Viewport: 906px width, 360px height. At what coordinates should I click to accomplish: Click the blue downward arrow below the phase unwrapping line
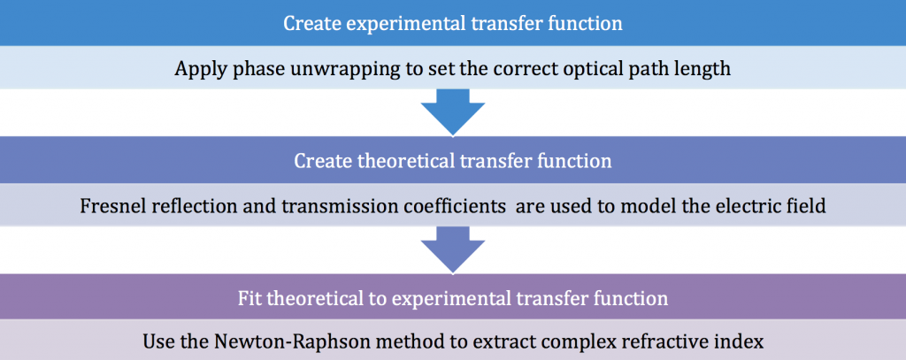coord(453,112)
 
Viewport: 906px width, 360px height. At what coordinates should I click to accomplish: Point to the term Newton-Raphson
coord(276,341)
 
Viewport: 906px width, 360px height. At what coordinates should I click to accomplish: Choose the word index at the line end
coord(745,341)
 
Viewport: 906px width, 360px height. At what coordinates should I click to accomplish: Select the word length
coord(705,69)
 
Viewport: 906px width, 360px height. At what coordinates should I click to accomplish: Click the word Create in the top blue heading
coord(311,24)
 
